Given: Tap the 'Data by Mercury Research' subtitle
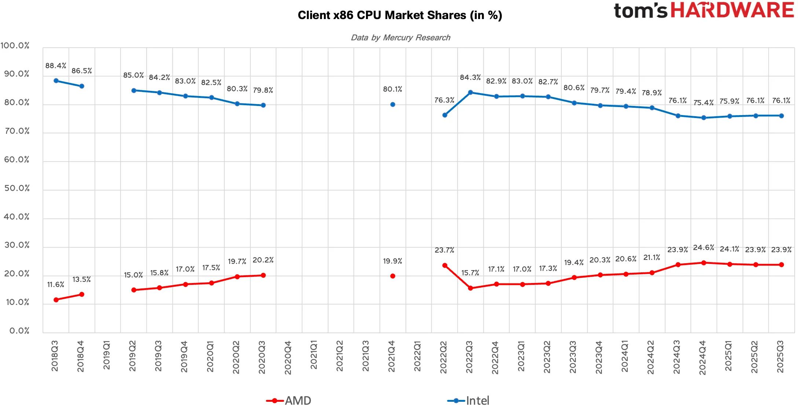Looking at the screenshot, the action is click(400, 37).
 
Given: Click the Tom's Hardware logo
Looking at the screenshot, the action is click(704, 10).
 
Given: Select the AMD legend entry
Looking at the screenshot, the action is click(289, 400).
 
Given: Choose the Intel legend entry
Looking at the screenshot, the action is click(468, 400).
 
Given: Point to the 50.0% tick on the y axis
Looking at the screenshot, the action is click(17, 188).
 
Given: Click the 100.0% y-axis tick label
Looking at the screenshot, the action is click(15, 45).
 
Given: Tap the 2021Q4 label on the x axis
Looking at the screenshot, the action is click(392, 356).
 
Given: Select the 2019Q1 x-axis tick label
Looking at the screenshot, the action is click(106, 355).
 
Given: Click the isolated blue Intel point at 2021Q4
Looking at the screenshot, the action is click(393, 104).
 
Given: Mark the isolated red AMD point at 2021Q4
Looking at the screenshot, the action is click(393, 276).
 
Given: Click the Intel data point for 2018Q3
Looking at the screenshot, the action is click(56, 81).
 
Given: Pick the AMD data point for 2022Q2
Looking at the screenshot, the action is click(445, 265).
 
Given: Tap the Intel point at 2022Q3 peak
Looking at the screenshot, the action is click(471, 92).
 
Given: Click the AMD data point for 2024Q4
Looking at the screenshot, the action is click(704, 263).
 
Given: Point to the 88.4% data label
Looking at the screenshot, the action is click(56, 66).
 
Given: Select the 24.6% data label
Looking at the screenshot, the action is click(704, 247).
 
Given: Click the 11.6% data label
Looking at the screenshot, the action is click(56, 284).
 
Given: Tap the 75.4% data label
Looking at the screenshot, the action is click(703, 103).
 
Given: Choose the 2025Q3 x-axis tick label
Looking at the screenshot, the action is click(780, 357).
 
